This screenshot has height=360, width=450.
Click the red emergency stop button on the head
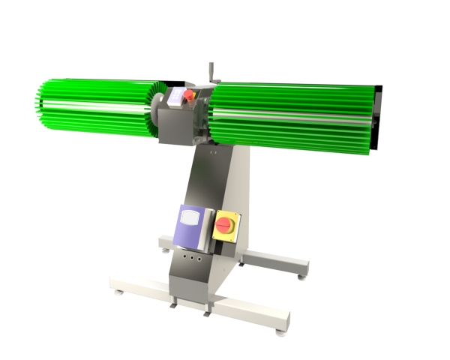189,95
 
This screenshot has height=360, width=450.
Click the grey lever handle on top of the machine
211,71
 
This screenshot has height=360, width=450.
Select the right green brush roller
292,115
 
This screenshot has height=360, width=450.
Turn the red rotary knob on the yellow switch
224,224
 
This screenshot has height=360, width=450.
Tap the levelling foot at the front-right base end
279,330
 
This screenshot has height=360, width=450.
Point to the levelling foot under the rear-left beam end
166,250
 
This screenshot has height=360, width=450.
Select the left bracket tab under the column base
174,301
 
